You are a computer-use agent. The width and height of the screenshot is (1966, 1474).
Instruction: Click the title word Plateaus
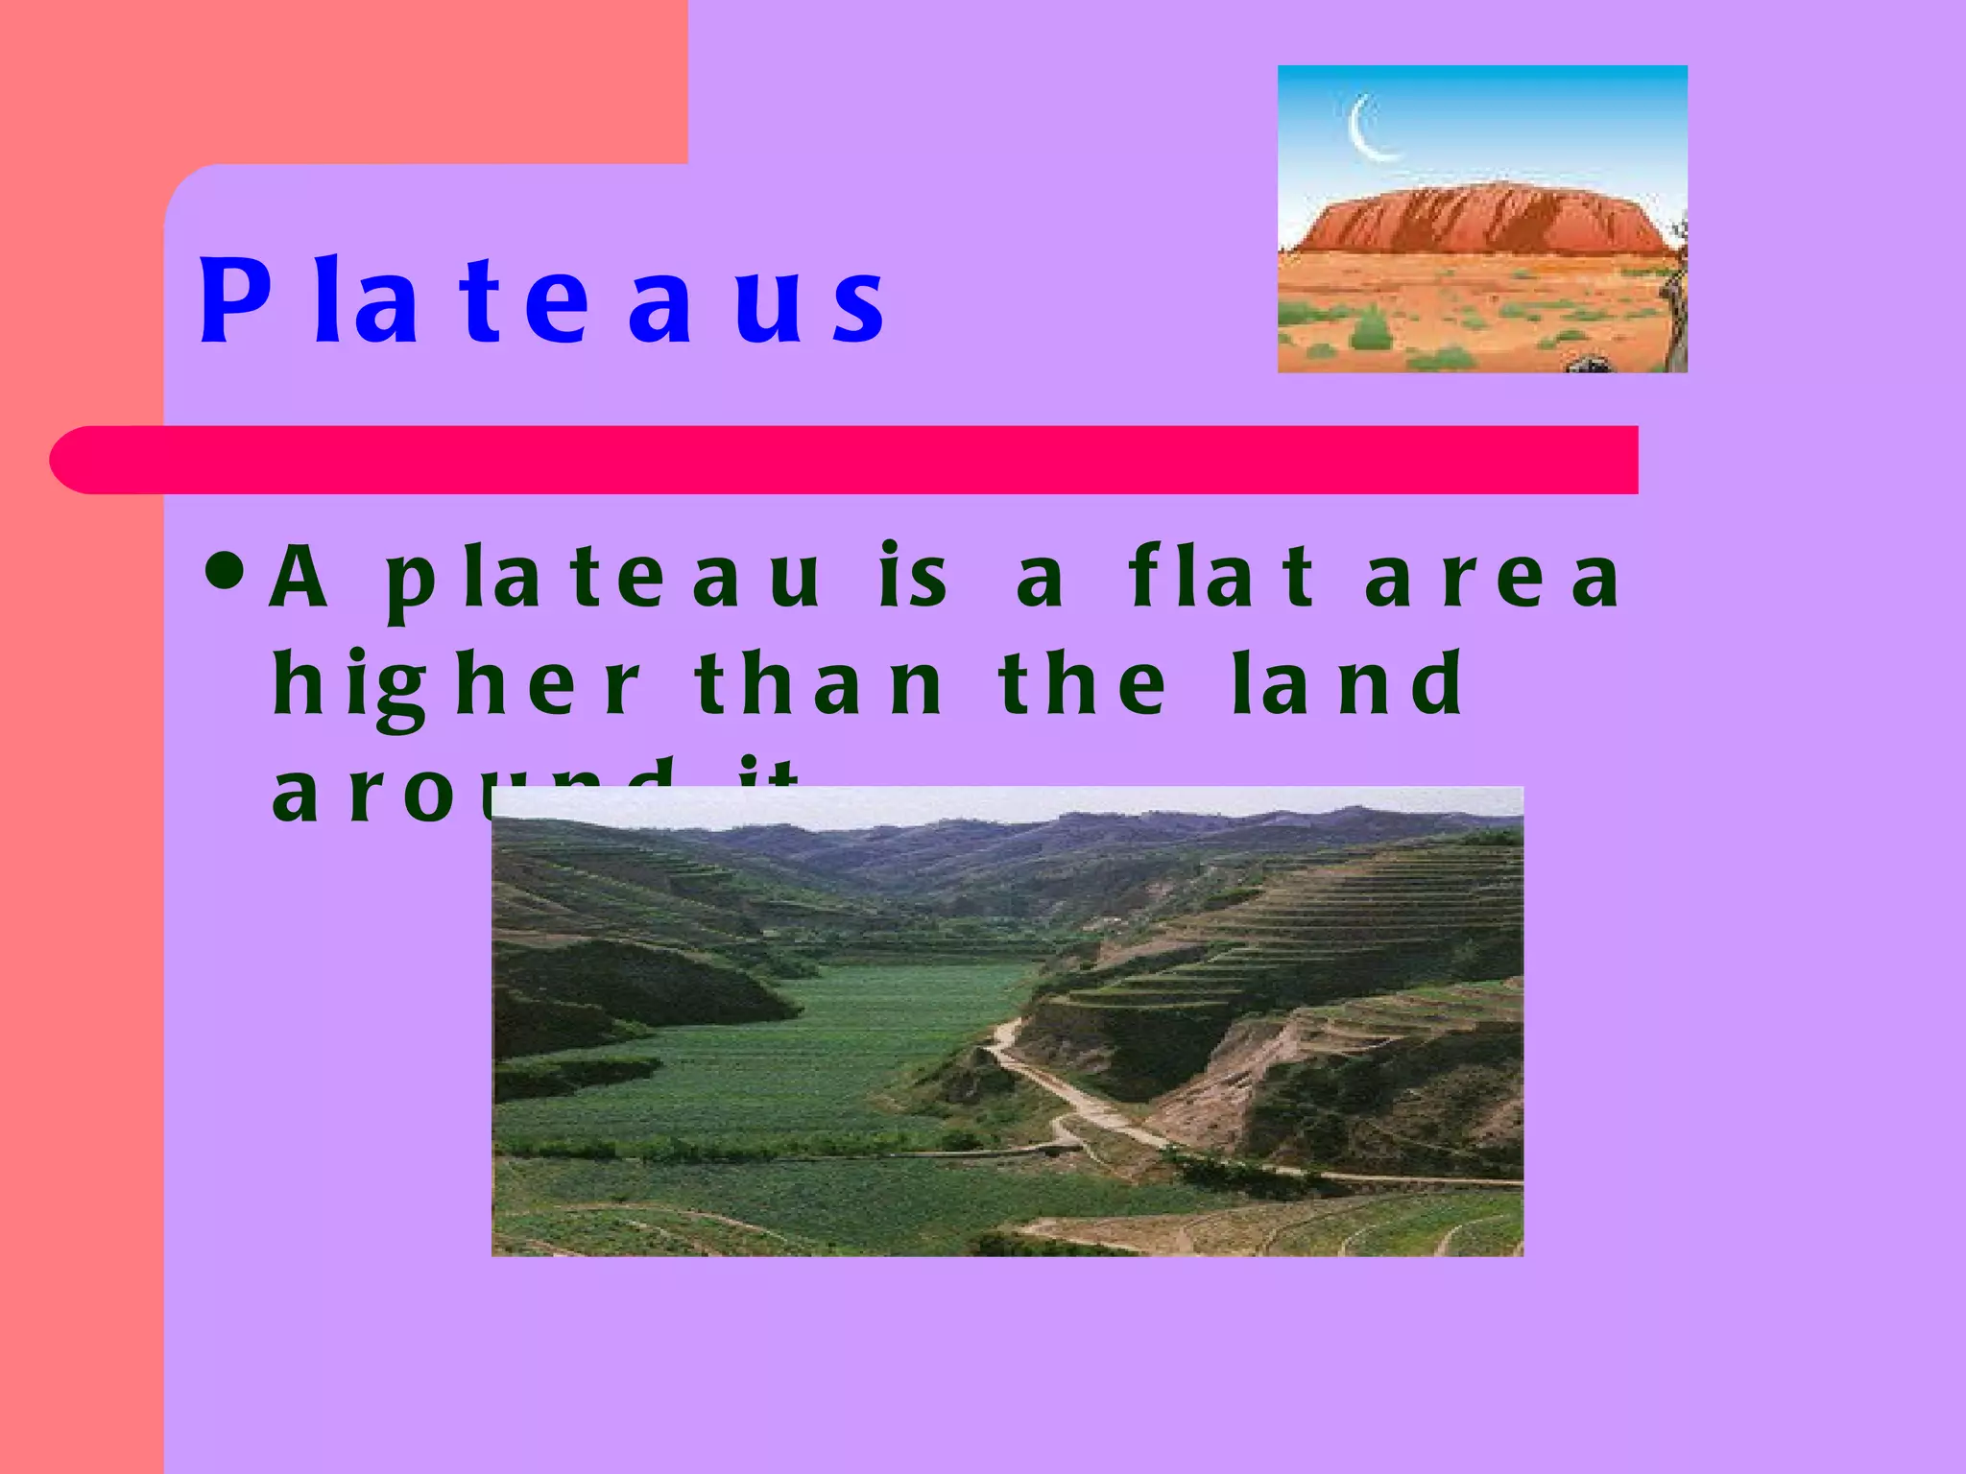[x=542, y=300]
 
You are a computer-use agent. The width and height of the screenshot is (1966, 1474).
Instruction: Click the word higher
[x=455, y=686]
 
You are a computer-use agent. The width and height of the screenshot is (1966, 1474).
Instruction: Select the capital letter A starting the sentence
[x=298, y=578]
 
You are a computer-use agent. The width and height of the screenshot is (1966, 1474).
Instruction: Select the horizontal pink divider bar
[x=845, y=460]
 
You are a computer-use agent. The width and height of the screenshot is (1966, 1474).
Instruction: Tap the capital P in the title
[x=233, y=300]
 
